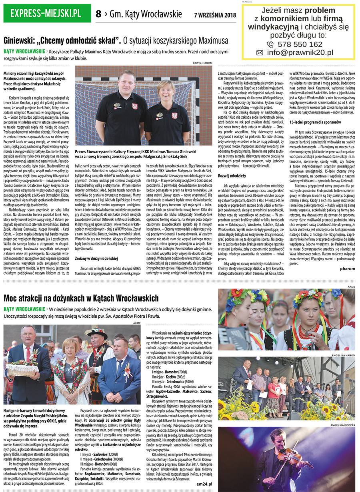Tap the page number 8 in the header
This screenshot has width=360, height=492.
tap(98, 14)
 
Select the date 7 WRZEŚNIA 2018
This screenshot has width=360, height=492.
tap(215, 15)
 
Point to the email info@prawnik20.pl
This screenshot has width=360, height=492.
tap(300, 52)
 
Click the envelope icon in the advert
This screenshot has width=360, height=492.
tap(260, 53)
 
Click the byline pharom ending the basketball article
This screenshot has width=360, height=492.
tap(347, 269)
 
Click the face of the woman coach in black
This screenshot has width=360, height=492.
tap(166, 90)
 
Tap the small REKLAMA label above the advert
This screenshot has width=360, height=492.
tap(247, 2)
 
